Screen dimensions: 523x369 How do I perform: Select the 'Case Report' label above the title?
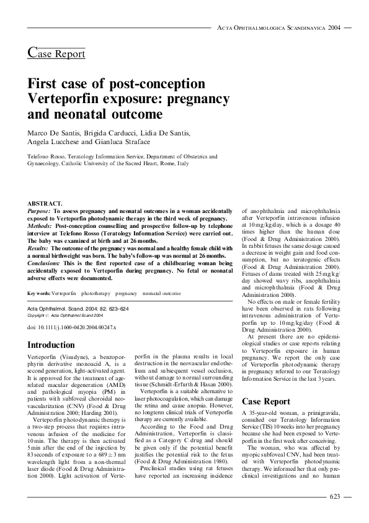coord(56,53)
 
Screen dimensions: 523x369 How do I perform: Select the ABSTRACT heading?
coord(45,203)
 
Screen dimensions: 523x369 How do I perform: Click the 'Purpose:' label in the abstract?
coord(40,211)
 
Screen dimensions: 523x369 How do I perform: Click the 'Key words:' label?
coord(39,293)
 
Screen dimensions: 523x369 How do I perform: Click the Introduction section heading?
coord(51,345)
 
